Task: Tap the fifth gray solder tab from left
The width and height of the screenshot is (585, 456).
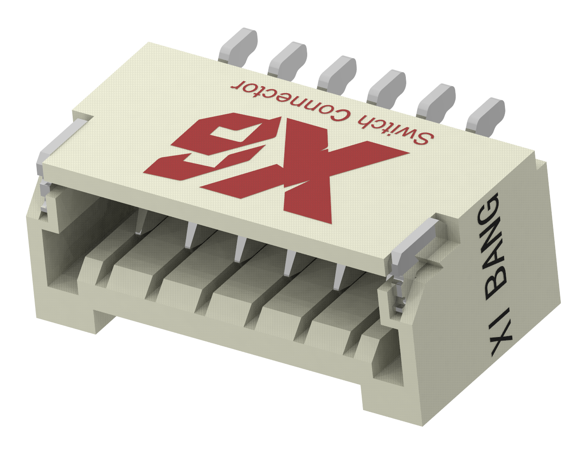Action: click(436, 101)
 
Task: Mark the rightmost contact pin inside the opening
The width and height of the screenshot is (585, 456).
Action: click(340, 277)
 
